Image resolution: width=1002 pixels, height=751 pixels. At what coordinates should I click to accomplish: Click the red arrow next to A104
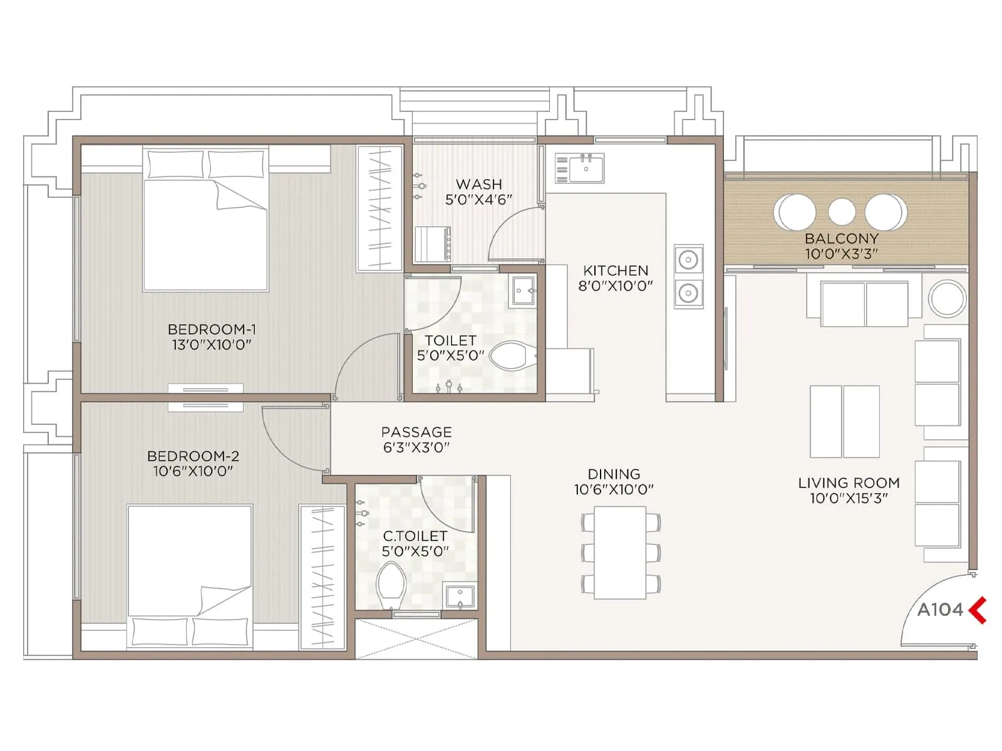(978, 610)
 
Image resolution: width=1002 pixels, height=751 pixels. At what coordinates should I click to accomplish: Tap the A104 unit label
(940, 610)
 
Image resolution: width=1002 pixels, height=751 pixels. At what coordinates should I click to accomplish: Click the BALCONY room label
(841, 238)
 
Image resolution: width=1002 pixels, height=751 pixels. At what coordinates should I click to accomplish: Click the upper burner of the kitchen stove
(688, 260)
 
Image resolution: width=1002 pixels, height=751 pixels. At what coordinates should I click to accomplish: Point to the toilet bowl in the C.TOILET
(391, 583)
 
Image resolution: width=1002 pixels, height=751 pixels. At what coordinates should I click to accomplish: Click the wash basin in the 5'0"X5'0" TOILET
(523, 290)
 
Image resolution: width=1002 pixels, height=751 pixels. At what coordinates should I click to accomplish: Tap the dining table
(620, 553)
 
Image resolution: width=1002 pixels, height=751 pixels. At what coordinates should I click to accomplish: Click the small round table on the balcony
(842, 212)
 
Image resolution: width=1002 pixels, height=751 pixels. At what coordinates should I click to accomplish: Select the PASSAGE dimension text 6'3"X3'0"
(416, 447)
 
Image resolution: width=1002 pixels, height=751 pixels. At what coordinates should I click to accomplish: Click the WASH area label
(478, 185)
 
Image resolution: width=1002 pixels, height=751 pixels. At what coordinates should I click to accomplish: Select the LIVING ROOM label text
(849, 483)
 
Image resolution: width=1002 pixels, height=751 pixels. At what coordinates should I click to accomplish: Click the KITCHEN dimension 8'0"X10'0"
(615, 287)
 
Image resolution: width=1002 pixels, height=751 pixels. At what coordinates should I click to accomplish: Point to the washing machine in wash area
(432, 244)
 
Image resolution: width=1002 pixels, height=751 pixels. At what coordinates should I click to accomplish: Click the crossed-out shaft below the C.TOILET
(416, 638)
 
